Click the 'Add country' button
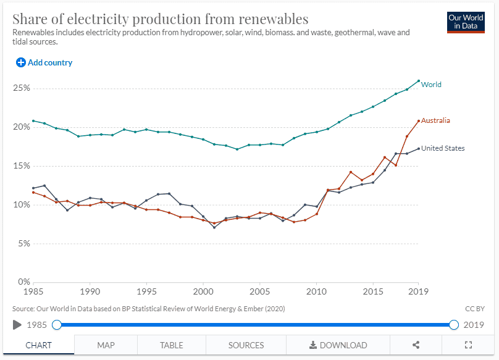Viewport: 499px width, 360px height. click(44, 62)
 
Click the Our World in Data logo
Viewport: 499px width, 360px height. click(466, 22)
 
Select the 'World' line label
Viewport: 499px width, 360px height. click(431, 85)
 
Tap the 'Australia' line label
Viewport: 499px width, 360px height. click(435, 120)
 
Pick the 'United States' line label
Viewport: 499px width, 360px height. click(443, 148)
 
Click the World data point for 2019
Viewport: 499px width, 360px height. click(419, 81)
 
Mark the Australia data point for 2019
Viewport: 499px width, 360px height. click(419, 121)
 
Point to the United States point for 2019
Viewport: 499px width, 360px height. click(419, 148)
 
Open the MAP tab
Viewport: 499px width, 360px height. click(106, 345)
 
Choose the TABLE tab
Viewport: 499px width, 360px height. click(171, 345)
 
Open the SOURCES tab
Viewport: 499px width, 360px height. click(246, 345)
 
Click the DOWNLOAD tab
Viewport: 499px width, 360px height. click(338, 345)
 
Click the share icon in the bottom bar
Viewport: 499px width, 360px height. click(416, 345)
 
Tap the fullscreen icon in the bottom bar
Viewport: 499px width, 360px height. click(468, 345)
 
